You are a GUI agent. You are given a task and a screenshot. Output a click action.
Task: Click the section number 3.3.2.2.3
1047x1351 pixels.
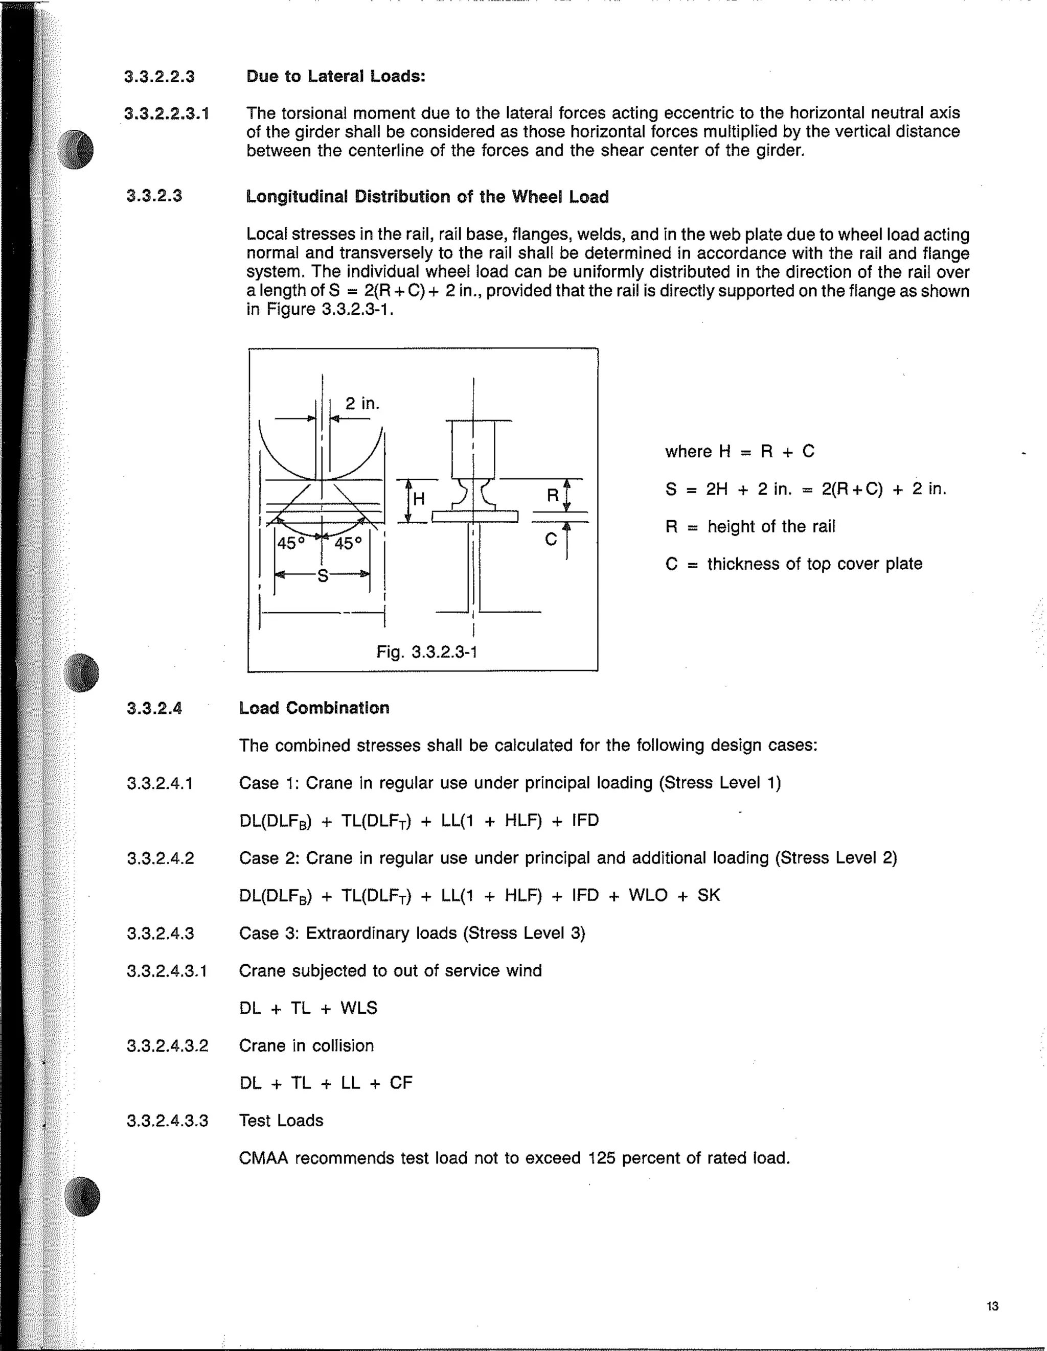(159, 77)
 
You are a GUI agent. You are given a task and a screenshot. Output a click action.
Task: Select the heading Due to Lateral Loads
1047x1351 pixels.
(335, 76)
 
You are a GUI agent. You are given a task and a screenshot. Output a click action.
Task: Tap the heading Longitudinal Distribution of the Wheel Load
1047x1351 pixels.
(427, 197)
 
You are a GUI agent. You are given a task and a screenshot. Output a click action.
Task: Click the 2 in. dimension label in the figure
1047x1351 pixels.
(362, 403)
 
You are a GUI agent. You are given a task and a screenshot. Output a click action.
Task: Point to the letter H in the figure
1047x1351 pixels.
(419, 499)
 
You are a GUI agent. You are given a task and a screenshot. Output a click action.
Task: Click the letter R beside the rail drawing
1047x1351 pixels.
(553, 496)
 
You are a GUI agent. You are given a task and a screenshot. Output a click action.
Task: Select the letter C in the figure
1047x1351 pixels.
(551, 540)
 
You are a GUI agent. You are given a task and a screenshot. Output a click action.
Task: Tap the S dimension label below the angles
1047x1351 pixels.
(323, 576)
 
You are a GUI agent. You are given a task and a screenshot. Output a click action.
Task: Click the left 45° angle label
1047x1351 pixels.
(291, 543)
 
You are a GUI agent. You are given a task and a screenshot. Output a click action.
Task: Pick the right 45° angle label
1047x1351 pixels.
(348, 543)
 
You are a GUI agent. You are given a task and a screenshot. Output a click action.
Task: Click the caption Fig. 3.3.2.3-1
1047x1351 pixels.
(426, 651)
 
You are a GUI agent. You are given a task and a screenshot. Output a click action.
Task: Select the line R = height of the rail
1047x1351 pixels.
(750, 526)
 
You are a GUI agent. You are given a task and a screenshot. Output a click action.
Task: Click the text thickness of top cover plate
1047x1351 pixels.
(814, 564)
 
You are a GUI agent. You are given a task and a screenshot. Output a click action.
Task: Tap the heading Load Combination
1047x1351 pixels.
(314, 708)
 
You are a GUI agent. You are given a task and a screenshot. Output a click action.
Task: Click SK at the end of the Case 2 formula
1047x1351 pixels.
(709, 895)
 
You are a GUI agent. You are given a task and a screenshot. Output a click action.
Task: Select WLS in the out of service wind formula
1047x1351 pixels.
(358, 1008)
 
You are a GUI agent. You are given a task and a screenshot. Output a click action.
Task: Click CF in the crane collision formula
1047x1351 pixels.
(400, 1083)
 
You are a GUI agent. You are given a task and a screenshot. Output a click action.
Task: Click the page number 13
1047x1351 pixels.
(992, 1306)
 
